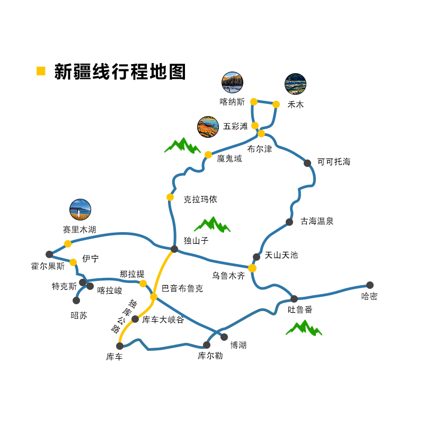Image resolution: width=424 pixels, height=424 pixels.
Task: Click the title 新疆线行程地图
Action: (x=120, y=72)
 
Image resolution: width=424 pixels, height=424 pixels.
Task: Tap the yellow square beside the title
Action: (x=41, y=71)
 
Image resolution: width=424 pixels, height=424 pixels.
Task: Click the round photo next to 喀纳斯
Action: (x=232, y=82)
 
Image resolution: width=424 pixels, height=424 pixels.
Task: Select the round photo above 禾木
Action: (x=295, y=84)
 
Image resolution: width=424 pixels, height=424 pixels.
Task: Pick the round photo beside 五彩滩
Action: (x=208, y=127)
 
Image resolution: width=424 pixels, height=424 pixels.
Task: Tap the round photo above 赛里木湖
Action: (x=80, y=209)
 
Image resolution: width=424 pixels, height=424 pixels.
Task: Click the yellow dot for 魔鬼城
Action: (x=208, y=155)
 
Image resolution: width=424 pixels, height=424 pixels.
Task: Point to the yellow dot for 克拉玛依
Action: (x=170, y=197)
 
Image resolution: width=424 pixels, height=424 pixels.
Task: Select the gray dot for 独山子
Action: (x=174, y=249)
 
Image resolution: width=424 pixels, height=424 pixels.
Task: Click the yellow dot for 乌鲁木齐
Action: (x=252, y=268)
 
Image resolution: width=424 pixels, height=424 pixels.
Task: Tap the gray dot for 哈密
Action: (x=370, y=285)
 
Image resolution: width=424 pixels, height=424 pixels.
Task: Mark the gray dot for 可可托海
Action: (x=307, y=163)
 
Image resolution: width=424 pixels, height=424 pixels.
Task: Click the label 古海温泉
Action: (x=317, y=221)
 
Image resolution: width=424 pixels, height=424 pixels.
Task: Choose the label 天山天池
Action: (x=281, y=255)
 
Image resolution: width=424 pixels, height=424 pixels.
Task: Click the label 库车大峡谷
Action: (x=163, y=319)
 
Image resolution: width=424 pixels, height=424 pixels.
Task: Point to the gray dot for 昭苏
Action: (x=76, y=301)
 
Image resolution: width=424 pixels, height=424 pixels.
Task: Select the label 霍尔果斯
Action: (x=48, y=266)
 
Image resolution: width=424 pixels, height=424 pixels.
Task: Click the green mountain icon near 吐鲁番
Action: (x=304, y=328)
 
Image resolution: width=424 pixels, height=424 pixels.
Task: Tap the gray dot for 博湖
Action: (x=224, y=337)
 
